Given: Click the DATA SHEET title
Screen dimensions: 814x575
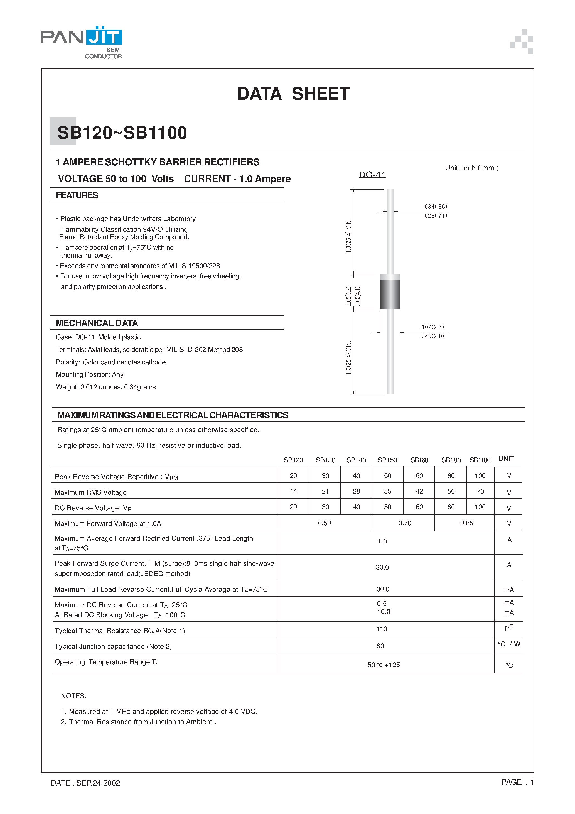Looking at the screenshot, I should coord(293,94).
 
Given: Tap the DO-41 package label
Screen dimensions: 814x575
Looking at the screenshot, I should coord(372,175).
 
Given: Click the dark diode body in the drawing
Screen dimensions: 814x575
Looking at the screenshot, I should coord(390,294).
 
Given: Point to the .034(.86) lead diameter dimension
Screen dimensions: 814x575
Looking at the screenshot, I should coord(435,206).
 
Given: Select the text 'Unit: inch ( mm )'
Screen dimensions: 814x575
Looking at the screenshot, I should coord(471,168).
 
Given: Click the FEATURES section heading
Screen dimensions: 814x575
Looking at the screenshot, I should coord(77,195).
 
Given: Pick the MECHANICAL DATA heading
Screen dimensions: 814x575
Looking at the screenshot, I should coord(97,323).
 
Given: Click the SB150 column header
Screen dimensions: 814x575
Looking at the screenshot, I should coord(387,460).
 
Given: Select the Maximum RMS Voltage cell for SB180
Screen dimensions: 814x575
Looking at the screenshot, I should coord(451,491).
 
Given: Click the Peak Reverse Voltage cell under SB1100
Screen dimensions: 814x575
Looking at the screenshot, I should coord(480,476).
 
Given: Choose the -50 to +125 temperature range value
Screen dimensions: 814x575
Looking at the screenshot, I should coord(382,665).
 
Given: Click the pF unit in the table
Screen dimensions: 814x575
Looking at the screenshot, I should coord(509,627).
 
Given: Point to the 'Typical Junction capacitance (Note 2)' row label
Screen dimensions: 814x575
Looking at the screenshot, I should coord(113,646).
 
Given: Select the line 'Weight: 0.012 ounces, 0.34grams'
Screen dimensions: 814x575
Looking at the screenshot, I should coord(106,387).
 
